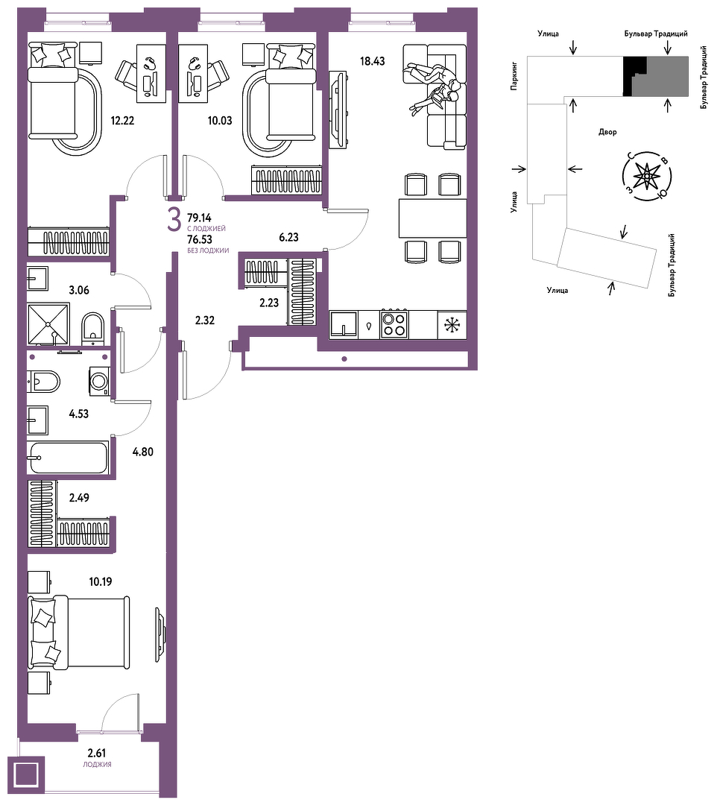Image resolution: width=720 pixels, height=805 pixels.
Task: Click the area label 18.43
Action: coord(373,61)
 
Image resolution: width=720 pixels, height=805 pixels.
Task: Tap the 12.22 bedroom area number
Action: coord(122,121)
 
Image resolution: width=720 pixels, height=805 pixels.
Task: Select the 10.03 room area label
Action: coord(220,121)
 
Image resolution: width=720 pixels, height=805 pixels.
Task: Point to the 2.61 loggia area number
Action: coord(97,753)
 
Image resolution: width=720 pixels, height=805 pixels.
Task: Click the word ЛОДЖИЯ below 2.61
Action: coord(97,765)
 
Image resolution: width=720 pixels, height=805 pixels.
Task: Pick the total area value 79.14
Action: coord(199,218)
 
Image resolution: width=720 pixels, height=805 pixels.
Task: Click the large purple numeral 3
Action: coord(174,221)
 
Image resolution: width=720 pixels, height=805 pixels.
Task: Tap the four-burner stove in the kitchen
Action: coord(394,324)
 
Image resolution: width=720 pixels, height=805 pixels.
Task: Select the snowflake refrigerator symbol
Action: coord(452,324)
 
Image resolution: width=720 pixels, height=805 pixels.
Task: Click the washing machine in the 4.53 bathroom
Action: coord(99,382)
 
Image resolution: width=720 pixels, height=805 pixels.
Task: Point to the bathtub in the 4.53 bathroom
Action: coord(69,458)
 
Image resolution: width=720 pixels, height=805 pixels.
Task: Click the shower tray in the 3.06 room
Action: coord(48,324)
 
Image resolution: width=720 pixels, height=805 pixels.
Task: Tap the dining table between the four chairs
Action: coord(432,218)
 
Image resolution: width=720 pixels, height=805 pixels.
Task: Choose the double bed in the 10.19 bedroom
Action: coord(78,632)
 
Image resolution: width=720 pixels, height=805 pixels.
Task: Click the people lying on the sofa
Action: coord(432,86)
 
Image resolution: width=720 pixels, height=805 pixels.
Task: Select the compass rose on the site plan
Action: coord(646,177)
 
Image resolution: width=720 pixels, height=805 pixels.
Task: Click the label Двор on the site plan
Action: coord(607,132)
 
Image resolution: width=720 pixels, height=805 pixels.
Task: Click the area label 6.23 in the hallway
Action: coord(288,237)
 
